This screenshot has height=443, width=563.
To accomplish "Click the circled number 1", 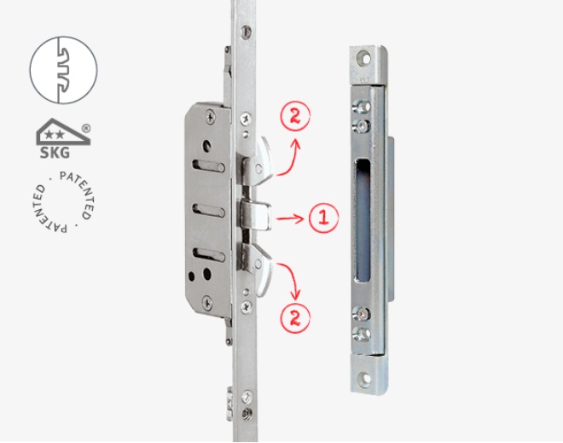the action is [x=323, y=218].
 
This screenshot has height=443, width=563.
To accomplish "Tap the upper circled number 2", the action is [x=295, y=116].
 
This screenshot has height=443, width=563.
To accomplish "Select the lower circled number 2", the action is [x=295, y=318].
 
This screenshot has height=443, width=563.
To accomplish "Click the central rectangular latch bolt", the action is [x=255, y=216].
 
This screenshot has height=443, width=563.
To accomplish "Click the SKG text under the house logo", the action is [x=55, y=152].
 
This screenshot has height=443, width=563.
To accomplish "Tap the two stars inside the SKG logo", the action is [x=55, y=135].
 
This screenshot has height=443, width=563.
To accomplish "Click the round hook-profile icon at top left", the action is [x=63, y=70].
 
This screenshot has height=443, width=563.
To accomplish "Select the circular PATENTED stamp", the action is [x=61, y=202].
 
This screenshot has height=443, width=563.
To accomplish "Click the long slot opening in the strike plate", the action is [x=363, y=220].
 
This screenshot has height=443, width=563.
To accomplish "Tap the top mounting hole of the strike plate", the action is [x=365, y=58].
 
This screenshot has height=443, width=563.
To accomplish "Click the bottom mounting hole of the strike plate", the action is [x=365, y=378].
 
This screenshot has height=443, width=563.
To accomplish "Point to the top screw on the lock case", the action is [x=211, y=117].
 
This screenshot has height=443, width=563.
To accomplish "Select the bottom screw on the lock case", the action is [x=207, y=302].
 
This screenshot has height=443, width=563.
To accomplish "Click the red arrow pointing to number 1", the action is [x=290, y=219].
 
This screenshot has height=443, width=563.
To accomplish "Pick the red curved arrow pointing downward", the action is [x=290, y=279].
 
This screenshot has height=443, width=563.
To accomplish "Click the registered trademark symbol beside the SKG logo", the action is [x=86, y=128].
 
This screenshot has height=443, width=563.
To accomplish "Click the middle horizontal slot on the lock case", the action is [x=209, y=210].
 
